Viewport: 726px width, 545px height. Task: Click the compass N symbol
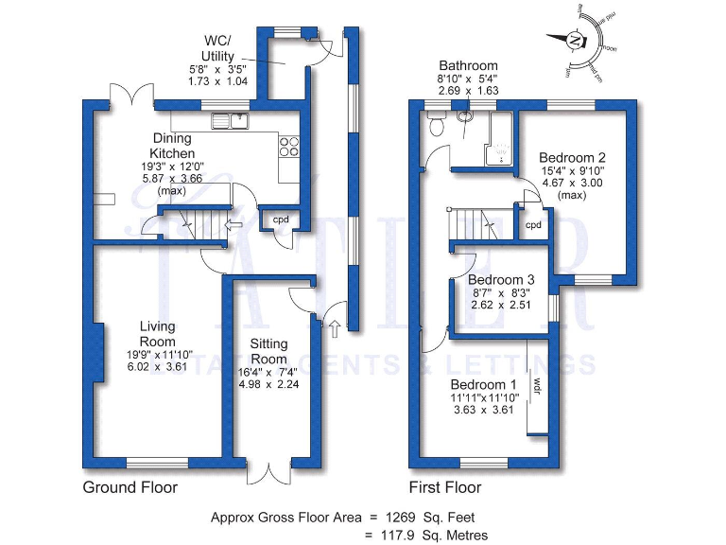pos(573,40)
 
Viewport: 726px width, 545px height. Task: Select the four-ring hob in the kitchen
pos(290,147)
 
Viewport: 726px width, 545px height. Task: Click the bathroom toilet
pos(437,124)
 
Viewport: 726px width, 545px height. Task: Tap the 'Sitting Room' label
pos(268,351)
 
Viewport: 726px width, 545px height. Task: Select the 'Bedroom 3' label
pos(502,280)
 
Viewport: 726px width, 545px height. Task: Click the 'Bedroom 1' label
pos(483,385)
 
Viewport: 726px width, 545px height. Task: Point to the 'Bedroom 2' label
pos(572,157)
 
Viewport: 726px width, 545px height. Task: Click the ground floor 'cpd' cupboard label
pos(281,220)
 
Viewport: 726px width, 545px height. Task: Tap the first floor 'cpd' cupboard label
pos(533,225)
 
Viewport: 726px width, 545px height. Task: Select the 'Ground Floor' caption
pos(130,488)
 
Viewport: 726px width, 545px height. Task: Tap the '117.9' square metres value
pos(406,535)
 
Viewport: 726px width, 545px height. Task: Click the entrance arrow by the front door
pos(335,327)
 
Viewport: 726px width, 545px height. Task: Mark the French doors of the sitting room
pos(268,472)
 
